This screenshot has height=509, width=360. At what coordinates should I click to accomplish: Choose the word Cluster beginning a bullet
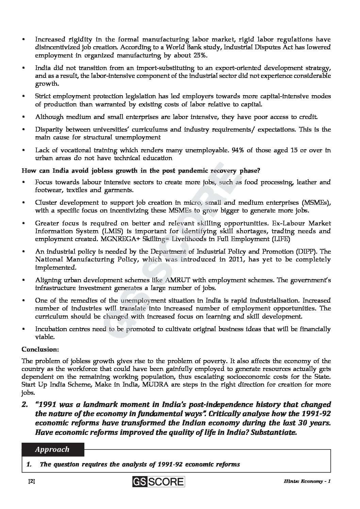[x=46, y=203]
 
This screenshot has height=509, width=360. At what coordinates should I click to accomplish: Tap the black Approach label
[x=52, y=449]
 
